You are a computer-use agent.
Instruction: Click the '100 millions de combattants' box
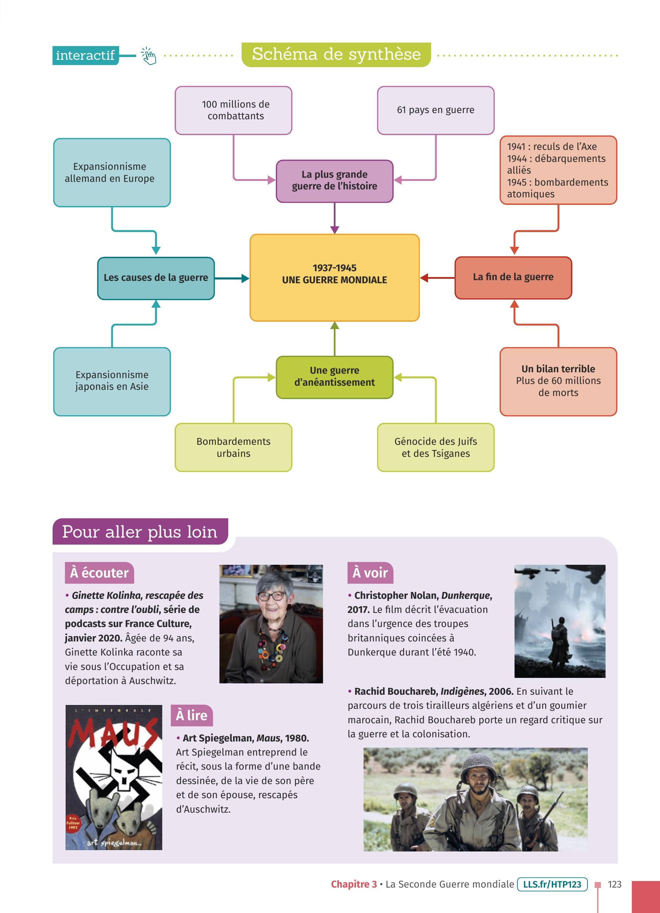click(233, 110)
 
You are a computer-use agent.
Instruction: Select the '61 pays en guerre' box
click(436, 110)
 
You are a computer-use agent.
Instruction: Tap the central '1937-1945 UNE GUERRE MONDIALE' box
click(334, 277)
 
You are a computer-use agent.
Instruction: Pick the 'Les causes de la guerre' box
click(156, 278)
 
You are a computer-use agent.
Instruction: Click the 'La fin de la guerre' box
click(513, 277)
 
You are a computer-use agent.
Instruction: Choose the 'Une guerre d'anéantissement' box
click(334, 377)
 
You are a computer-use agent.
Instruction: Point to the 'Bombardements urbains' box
click(233, 447)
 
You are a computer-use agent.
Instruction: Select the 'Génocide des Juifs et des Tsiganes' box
click(436, 447)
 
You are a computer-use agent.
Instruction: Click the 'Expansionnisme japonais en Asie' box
click(112, 381)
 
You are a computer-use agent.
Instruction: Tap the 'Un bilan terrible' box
click(558, 381)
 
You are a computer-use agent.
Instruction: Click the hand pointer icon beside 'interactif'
click(148, 56)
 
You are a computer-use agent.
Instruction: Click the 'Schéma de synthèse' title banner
click(336, 54)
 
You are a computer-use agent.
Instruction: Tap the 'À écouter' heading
click(99, 572)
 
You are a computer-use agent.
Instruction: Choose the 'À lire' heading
click(191, 715)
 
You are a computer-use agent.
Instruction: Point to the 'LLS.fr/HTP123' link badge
click(552, 884)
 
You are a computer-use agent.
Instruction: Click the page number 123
click(615, 884)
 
